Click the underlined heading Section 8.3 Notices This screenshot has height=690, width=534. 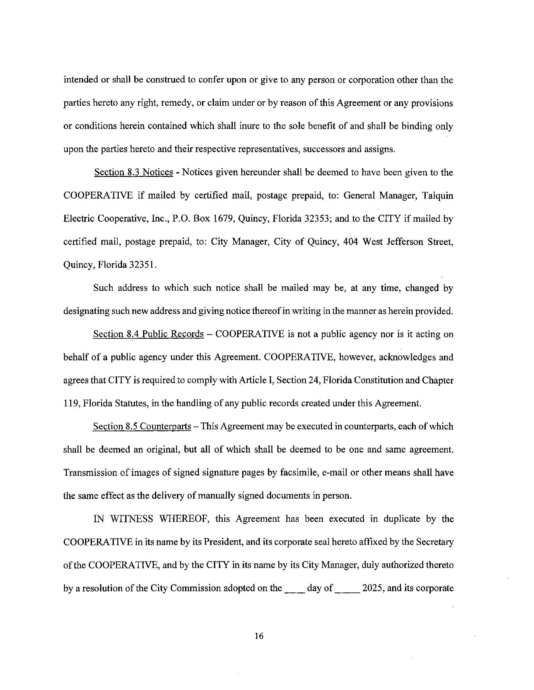133,172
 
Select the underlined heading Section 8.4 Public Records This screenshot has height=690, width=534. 148,334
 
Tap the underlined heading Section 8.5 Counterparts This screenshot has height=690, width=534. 142,427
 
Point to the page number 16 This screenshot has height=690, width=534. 259,636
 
